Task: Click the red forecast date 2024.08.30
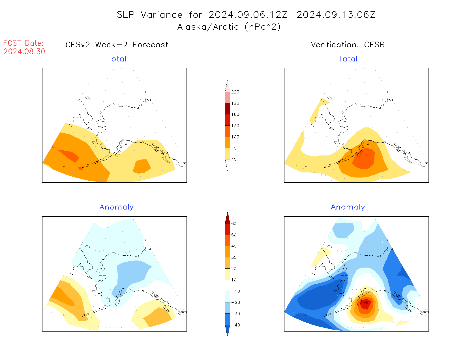(x=24, y=52)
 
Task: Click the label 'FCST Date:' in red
(x=23, y=43)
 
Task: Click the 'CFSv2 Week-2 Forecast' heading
(x=117, y=45)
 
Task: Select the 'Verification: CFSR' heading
(x=348, y=45)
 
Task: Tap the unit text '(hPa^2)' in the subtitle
(x=263, y=27)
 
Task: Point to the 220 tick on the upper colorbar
(x=235, y=92)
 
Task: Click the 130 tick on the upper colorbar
(x=235, y=126)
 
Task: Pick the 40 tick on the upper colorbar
(x=234, y=159)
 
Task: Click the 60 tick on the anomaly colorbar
(x=234, y=224)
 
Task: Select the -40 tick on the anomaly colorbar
(x=235, y=325)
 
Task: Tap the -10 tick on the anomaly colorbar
(x=235, y=291)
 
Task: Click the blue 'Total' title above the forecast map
(x=117, y=59)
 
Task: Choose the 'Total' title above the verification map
(x=348, y=59)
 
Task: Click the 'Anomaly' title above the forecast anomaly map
(x=117, y=207)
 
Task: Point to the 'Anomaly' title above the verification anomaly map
(x=348, y=207)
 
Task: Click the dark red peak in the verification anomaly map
(x=366, y=303)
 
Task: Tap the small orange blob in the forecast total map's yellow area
(x=142, y=166)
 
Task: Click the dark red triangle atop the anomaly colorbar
(x=228, y=218)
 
